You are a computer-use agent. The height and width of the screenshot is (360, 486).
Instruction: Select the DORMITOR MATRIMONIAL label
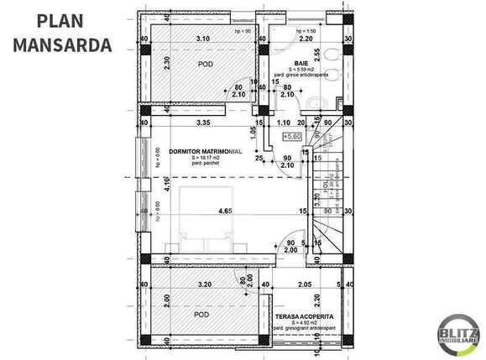[205, 152]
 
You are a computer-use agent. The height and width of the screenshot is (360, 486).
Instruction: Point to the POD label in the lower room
[201, 315]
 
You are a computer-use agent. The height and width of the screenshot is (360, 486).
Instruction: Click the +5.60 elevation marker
[292, 135]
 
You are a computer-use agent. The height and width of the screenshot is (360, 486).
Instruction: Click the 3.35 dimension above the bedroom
[201, 123]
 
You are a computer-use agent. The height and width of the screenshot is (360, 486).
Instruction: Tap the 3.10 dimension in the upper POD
[202, 39]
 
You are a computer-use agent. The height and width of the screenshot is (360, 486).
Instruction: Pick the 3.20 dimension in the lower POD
[204, 284]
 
